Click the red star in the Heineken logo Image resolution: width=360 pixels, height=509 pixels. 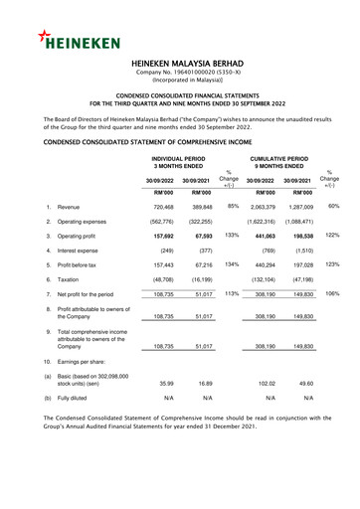tap(48, 37)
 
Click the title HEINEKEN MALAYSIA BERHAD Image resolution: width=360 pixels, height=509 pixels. tap(180, 62)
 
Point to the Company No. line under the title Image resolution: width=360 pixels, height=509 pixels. tap(180, 74)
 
